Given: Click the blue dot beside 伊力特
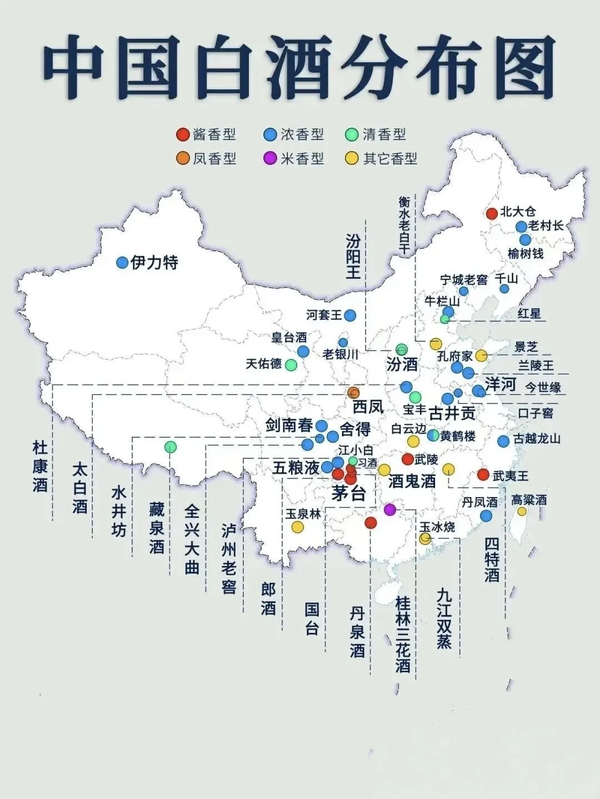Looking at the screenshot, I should point(122,263).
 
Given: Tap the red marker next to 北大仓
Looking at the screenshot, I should point(492,213).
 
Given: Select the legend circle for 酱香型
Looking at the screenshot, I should point(182,134).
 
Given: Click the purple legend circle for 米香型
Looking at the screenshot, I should point(270,159).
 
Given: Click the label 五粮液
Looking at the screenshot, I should point(296,468).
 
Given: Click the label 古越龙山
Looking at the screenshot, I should point(537,439).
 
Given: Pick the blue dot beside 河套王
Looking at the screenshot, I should point(350,315).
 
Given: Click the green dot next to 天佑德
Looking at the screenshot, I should point(291,365).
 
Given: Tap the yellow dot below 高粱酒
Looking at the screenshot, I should point(522,512).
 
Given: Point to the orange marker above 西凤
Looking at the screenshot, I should point(353,393).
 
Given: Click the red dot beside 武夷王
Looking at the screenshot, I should point(483,475).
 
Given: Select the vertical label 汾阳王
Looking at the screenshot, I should point(353,256).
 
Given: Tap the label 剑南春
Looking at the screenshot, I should point(289,426).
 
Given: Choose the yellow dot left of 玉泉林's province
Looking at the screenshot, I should point(298,527).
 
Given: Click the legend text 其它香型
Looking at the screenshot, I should point(389,159).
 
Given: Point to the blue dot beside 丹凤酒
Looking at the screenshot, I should point(486,515).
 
